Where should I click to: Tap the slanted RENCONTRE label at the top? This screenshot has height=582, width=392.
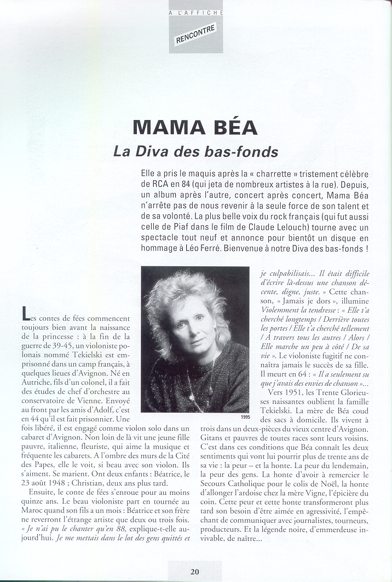click(x=195, y=34)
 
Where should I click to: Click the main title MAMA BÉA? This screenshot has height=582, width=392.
click(x=195, y=127)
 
